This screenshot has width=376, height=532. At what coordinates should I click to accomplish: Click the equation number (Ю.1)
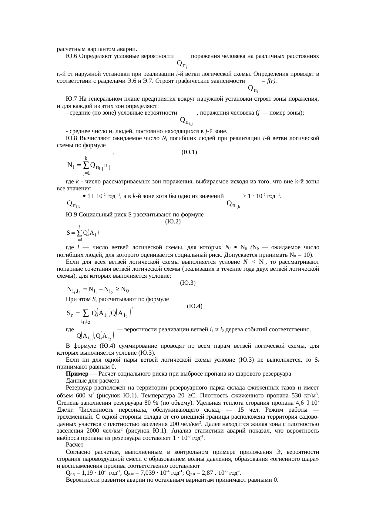point(189,152)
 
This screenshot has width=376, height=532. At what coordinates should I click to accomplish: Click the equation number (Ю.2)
point(173,222)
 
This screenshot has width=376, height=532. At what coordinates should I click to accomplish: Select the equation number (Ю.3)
point(187,283)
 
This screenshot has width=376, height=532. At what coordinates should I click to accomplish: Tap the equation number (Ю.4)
point(195,306)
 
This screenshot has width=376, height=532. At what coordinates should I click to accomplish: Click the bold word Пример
point(76,373)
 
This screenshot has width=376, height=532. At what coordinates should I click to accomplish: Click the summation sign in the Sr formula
point(86,313)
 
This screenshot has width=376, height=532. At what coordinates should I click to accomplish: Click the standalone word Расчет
point(74,445)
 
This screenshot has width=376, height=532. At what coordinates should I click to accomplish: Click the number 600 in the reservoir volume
point(80,396)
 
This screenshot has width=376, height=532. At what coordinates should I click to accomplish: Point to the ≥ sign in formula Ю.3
point(117,289)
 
